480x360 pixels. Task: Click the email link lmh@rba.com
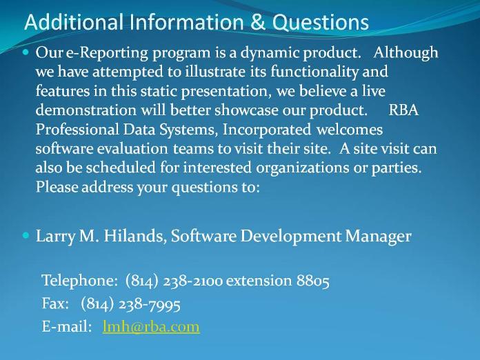(x=151, y=326)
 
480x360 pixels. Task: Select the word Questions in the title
(x=321, y=22)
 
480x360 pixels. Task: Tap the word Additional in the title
(x=74, y=22)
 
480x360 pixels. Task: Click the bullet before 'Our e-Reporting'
(x=26, y=52)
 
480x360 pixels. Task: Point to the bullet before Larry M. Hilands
(x=26, y=235)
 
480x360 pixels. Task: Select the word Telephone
(x=79, y=281)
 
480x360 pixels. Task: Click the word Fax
(x=55, y=303)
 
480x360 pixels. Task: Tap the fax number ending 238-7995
(x=131, y=303)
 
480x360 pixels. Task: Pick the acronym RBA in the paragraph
(x=403, y=110)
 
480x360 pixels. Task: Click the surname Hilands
(x=135, y=236)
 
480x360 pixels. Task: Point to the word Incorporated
(x=267, y=130)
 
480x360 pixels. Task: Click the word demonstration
(x=86, y=110)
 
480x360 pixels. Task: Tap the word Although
(x=406, y=52)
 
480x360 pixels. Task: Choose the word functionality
(x=314, y=72)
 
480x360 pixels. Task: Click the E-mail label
(x=67, y=327)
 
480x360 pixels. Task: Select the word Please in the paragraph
(x=57, y=187)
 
